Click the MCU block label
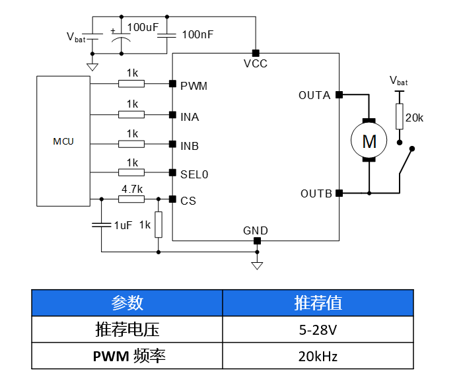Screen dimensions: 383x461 (63, 141)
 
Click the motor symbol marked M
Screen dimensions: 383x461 (369, 141)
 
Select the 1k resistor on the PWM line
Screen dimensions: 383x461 (131, 84)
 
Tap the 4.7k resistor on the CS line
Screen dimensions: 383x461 (131, 199)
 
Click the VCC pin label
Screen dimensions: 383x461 (256, 64)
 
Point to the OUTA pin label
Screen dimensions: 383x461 (314, 95)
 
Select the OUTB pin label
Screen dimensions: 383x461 (315, 193)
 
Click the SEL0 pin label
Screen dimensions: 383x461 (194, 174)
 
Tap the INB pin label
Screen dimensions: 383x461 (190, 146)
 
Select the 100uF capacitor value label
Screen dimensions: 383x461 (143, 28)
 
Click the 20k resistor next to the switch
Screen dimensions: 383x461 (400, 117)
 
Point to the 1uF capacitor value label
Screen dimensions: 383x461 (124, 225)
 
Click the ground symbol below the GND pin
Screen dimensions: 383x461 (258, 265)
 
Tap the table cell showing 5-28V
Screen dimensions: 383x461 (318, 329)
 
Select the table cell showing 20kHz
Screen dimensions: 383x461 (318, 357)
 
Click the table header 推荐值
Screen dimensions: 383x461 (318, 302)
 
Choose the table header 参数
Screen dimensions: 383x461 (127, 302)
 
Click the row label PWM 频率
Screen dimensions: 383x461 (127, 357)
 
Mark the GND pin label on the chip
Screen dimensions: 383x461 (256, 230)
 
